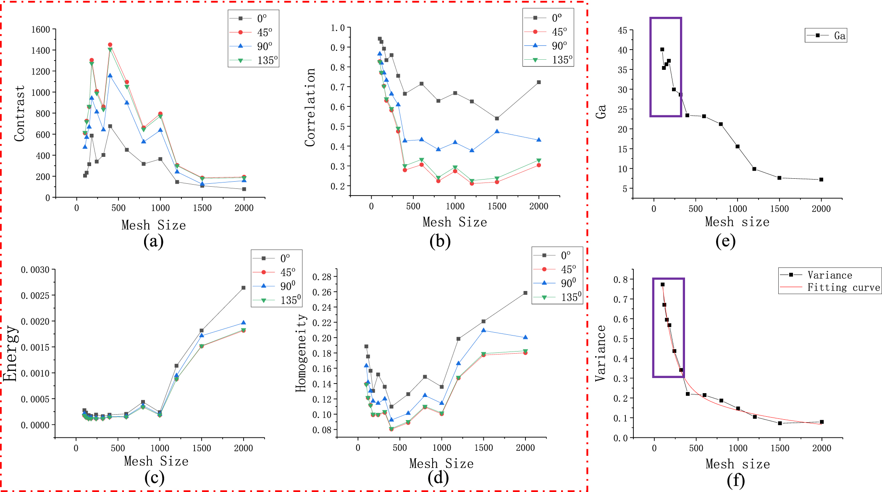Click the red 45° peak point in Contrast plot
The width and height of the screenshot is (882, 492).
click(110, 45)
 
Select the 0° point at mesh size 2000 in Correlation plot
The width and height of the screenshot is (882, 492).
click(539, 82)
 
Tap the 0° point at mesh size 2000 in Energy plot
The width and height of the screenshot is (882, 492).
click(244, 288)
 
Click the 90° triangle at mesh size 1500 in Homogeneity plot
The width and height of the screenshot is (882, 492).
click(483, 331)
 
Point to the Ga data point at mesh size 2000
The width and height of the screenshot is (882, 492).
click(821, 180)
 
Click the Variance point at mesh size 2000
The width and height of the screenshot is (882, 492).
click(822, 422)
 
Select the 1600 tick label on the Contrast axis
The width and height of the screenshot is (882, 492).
click(41, 29)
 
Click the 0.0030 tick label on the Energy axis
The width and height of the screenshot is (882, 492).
click(35, 270)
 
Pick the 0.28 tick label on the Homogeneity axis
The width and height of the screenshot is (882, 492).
click(322, 277)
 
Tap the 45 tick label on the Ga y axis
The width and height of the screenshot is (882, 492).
click(622, 30)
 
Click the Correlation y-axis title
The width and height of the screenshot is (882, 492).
click(310, 107)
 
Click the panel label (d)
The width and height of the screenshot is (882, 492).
click(438, 478)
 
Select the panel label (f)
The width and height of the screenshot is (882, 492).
click(735, 480)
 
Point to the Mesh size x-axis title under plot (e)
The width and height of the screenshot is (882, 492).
click(737, 222)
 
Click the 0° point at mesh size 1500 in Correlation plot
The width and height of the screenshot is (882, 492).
click(497, 119)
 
